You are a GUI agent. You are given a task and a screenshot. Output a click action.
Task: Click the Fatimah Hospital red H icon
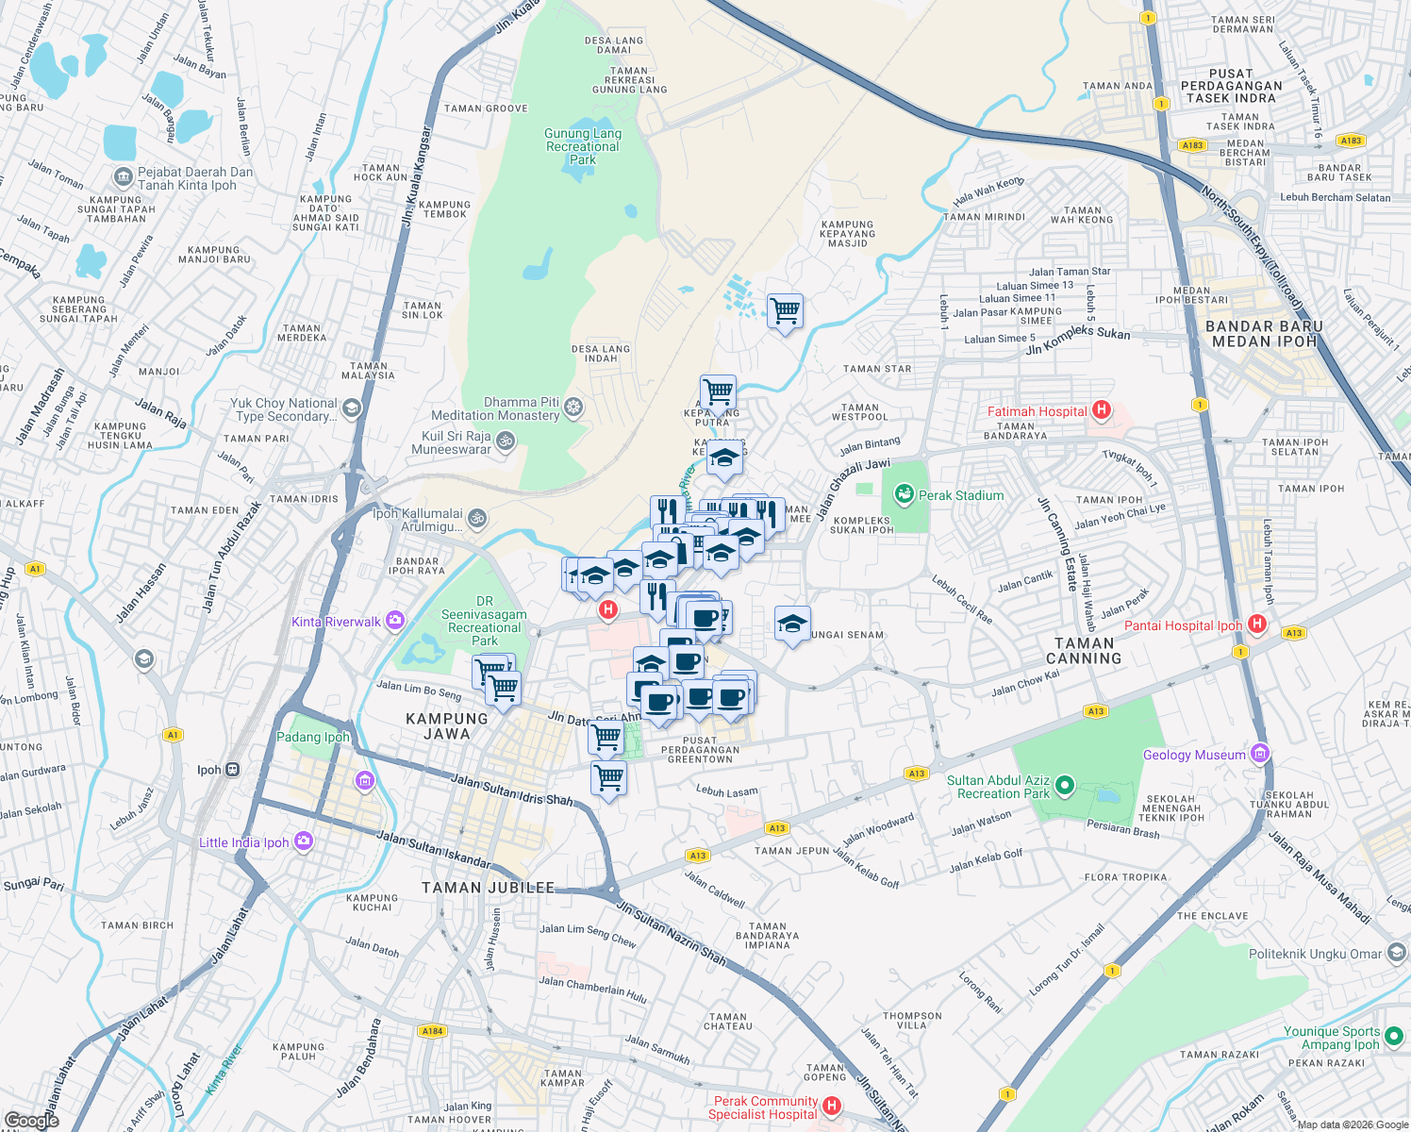click(x=1100, y=410)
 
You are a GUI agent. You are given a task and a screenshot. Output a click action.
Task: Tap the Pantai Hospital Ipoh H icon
click(x=1256, y=624)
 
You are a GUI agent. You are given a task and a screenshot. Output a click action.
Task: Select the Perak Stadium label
click(x=961, y=495)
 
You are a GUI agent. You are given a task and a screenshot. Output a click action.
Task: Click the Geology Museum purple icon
click(x=1260, y=754)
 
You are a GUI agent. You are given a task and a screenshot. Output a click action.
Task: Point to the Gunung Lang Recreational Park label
click(x=583, y=146)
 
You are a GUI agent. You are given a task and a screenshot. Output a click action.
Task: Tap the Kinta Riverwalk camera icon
click(x=395, y=621)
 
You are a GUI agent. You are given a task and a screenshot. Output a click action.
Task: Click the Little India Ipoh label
click(x=243, y=842)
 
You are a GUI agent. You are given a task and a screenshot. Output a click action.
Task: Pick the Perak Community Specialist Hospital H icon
click(x=831, y=1106)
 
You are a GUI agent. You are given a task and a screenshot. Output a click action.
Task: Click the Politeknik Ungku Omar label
click(x=1315, y=954)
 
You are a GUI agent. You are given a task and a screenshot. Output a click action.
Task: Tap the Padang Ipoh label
click(x=312, y=737)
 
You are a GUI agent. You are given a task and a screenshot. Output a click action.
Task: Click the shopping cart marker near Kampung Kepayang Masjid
click(x=785, y=310)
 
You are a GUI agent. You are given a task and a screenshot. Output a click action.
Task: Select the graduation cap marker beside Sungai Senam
click(x=792, y=624)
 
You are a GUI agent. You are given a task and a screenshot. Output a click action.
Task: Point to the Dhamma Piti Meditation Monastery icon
click(x=573, y=408)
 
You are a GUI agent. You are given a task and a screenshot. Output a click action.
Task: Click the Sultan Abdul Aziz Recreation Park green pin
click(x=1065, y=785)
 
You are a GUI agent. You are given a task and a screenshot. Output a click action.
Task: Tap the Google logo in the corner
click(x=32, y=1120)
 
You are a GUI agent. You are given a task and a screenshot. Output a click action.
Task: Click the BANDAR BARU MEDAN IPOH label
click(x=1264, y=334)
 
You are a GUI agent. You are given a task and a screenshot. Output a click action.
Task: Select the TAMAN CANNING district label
click(x=1084, y=651)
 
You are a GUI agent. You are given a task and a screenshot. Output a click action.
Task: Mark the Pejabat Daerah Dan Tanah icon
click(x=123, y=177)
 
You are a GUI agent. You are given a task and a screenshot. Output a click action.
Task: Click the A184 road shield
click(x=432, y=1031)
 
